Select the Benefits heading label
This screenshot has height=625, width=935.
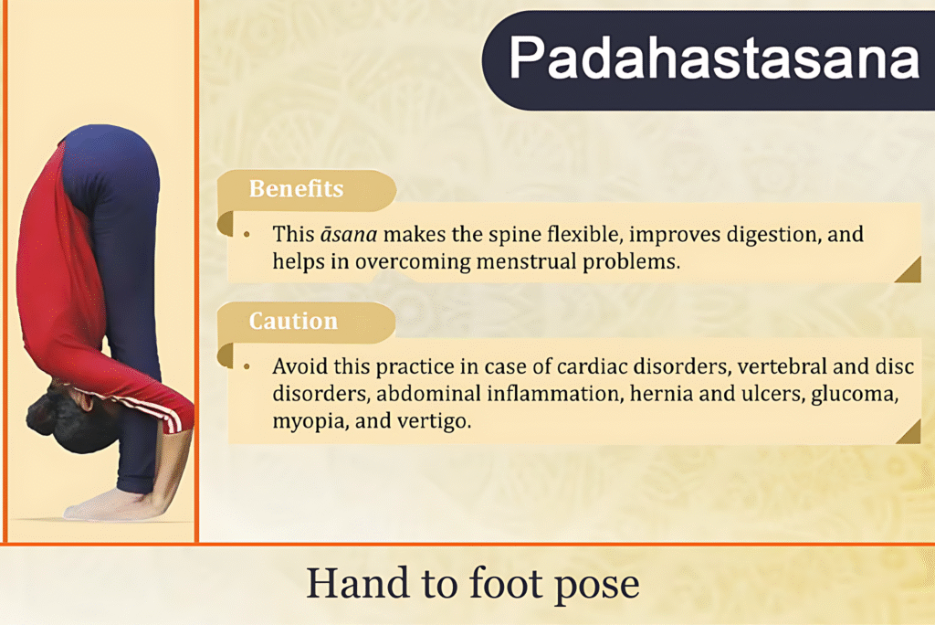296,189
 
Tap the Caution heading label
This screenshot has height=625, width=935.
293,322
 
